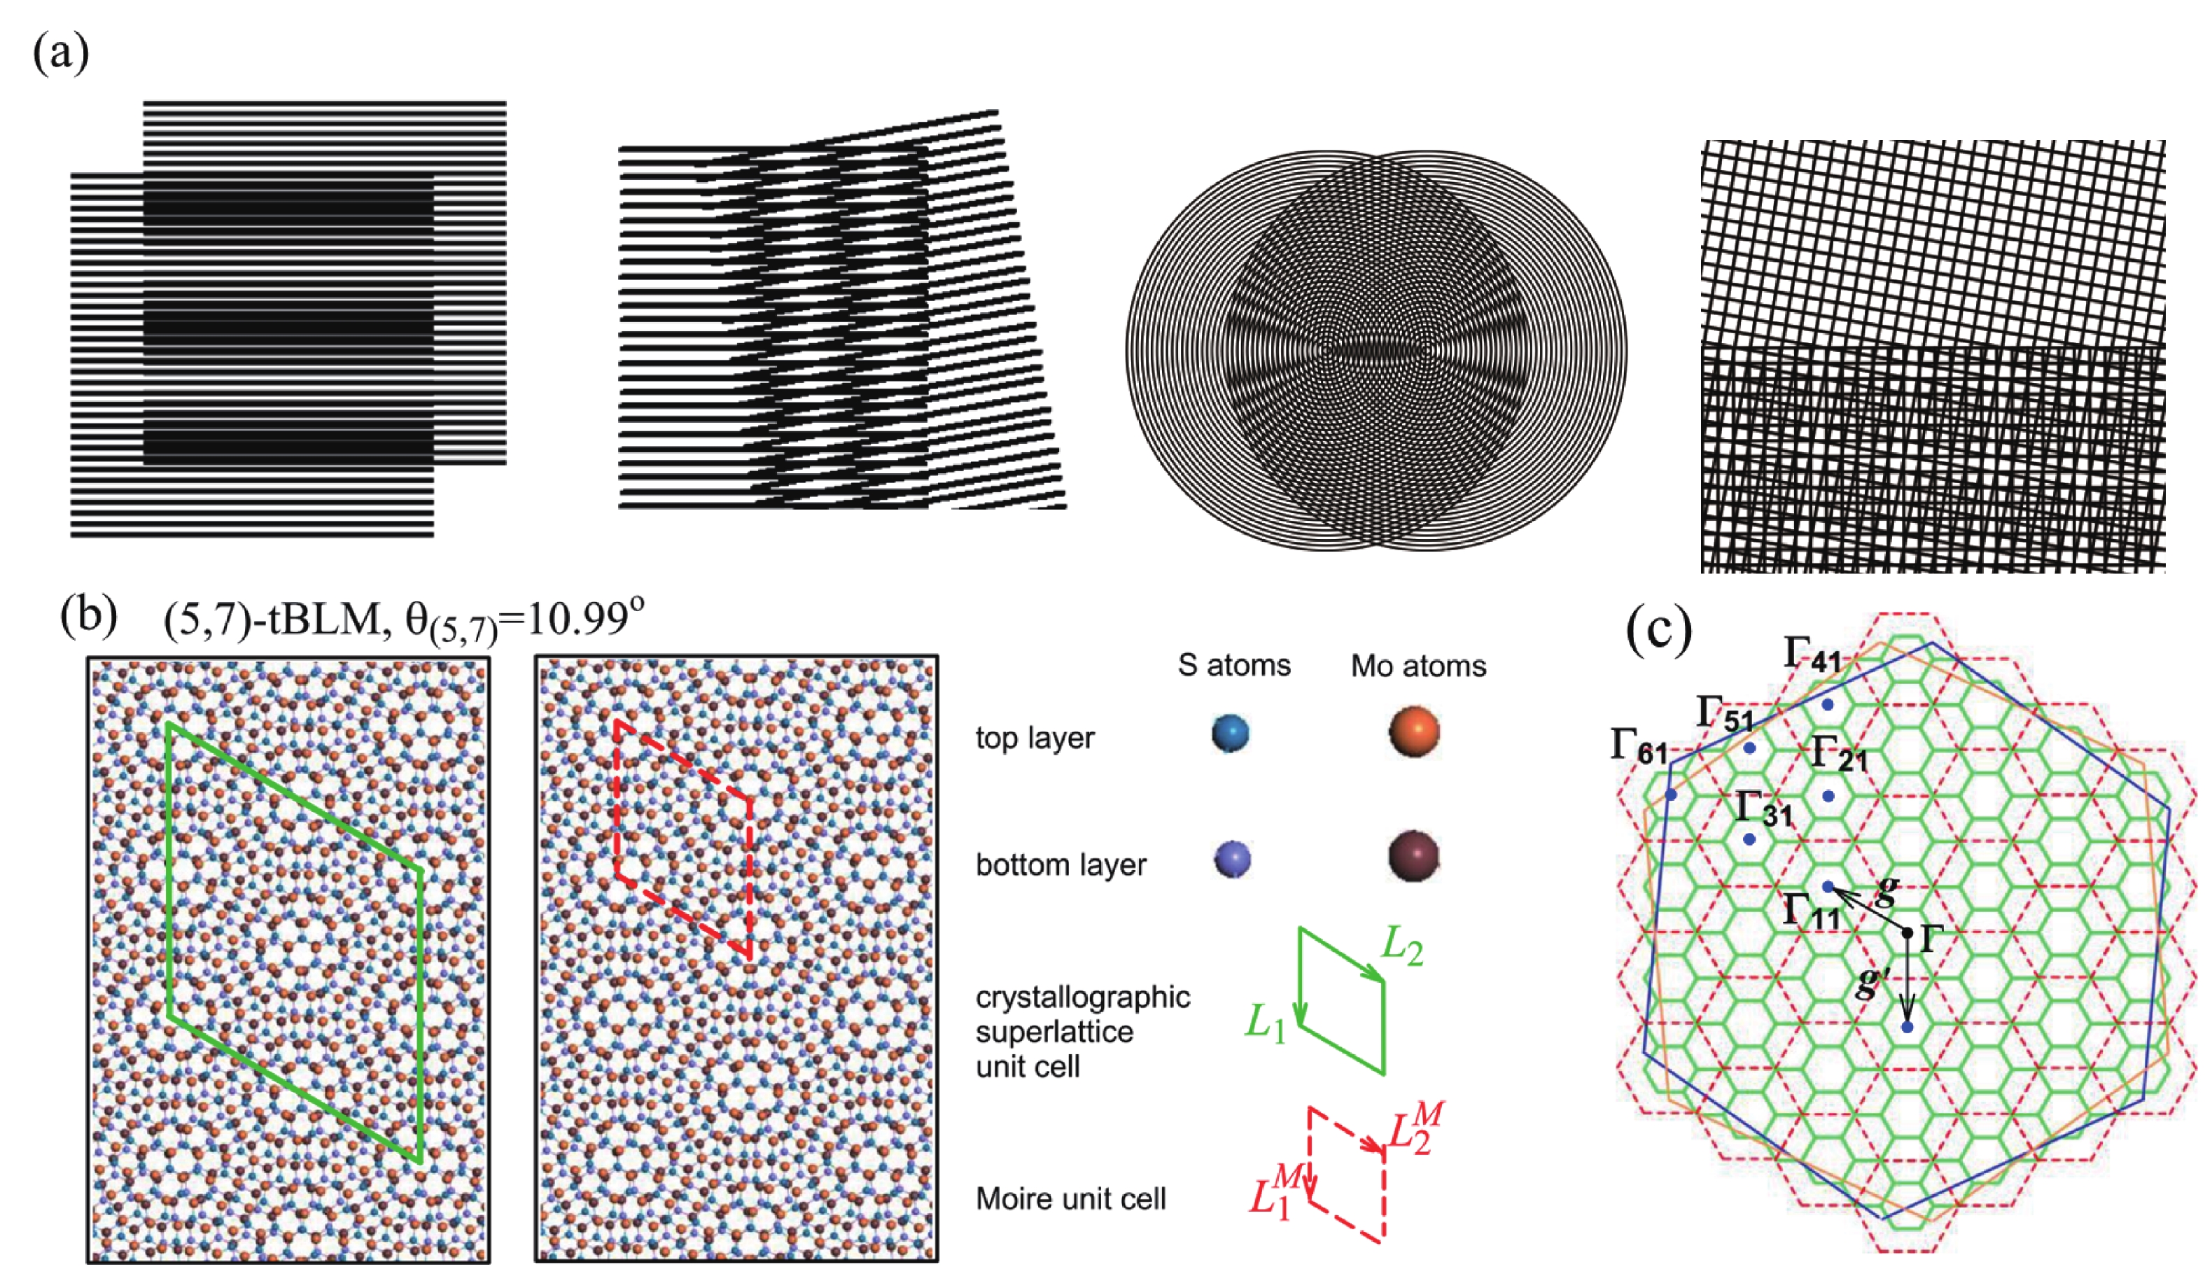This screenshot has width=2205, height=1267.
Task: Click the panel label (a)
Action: [61, 54]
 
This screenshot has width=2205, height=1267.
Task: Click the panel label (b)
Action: [89, 617]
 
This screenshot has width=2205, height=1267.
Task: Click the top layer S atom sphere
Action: [1231, 733]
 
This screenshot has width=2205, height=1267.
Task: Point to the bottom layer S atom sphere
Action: [1232, 860]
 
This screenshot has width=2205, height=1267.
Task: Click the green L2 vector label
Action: [1403, 948]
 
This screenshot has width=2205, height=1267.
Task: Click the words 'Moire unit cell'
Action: [1070, 1199]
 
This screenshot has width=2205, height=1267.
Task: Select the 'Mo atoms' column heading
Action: [1418, 666]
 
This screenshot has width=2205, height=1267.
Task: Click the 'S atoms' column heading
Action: [1234, 666]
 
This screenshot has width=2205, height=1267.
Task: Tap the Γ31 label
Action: [1764, 809]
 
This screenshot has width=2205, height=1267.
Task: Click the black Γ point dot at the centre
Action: [1907, 933]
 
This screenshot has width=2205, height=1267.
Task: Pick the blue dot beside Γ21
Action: [1828, 795]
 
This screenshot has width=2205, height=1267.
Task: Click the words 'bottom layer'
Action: [1060, 865]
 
